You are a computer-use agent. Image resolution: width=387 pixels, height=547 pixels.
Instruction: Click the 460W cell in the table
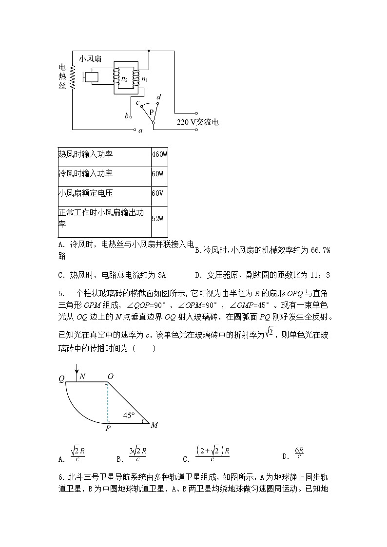159,154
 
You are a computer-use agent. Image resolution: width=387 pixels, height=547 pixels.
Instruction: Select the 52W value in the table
157,219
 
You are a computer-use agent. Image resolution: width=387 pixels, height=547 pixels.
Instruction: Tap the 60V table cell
157,193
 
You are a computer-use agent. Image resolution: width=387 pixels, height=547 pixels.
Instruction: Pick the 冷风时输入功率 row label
85,174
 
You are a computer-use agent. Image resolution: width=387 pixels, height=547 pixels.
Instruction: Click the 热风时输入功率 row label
85,154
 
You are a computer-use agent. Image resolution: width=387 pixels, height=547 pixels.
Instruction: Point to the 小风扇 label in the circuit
90,58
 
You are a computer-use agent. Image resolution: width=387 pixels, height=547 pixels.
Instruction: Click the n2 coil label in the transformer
124,78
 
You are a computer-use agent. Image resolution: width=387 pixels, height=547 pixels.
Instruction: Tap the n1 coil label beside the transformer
145,78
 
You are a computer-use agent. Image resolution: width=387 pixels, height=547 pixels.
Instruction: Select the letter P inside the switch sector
152,112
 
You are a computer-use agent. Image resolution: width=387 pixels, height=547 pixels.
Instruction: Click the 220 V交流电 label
197,122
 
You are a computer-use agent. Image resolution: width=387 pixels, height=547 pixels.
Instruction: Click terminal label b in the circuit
127,116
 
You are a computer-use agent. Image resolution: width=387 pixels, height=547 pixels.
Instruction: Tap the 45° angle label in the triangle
129,415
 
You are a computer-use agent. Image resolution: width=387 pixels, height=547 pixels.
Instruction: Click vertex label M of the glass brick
154,425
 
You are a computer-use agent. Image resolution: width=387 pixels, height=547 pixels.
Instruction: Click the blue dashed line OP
108,403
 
